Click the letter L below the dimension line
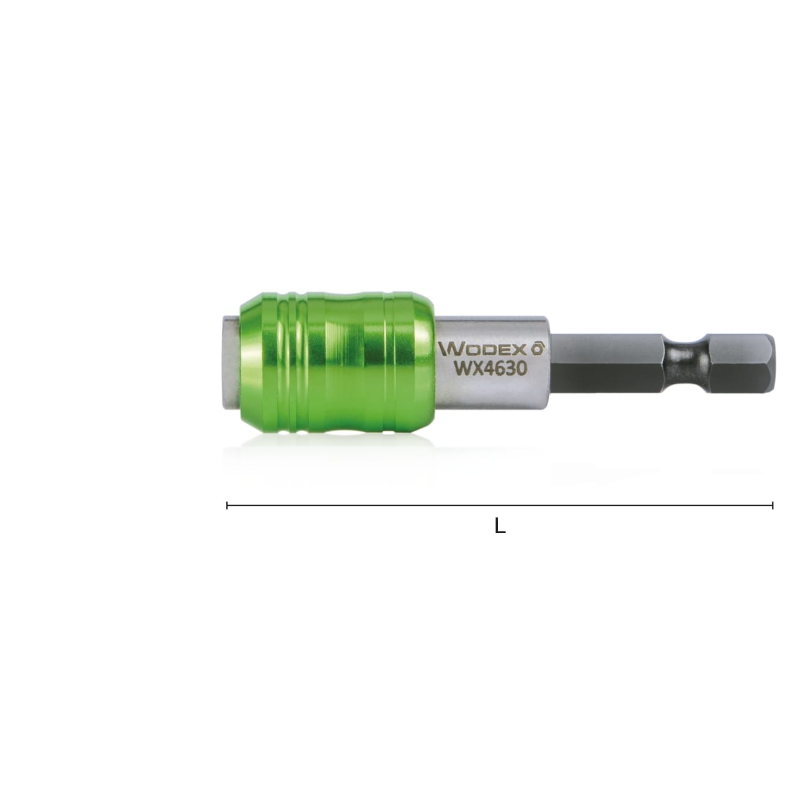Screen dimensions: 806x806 coord(500,527)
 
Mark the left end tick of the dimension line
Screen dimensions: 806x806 coord(228,505)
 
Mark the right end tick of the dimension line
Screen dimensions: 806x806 coord(773,505)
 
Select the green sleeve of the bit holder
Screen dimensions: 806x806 coord(335,366)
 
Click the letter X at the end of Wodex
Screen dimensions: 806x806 coord(520,350)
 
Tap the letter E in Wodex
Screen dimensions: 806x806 coord(506,350)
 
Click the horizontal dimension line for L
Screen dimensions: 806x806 coord(434,505)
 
